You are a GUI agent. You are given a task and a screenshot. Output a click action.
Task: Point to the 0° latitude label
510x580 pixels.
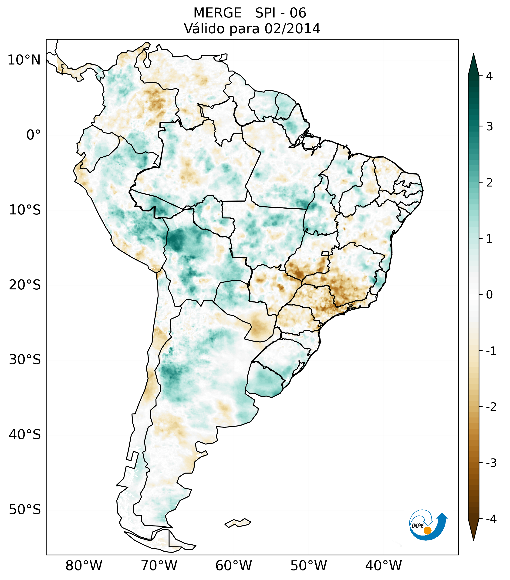34,135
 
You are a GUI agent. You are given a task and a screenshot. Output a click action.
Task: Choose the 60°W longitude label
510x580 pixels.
233,566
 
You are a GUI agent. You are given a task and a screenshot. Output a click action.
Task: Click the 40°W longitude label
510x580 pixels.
384,566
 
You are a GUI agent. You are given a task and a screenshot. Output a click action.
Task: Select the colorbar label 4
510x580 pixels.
489,76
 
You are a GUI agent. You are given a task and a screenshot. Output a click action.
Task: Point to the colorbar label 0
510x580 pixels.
489,295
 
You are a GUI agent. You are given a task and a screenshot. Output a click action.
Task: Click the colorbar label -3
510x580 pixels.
491,463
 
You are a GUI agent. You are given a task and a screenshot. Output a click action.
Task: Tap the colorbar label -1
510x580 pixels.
491,351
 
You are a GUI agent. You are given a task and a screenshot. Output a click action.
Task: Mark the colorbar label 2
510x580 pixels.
489,183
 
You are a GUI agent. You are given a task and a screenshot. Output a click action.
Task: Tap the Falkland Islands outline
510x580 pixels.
238,523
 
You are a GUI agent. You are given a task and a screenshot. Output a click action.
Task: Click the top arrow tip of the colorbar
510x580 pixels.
473,54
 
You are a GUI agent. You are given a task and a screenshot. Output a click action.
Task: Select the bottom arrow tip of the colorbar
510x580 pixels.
473,540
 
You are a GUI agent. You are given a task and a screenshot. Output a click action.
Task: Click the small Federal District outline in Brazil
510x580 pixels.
325,253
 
